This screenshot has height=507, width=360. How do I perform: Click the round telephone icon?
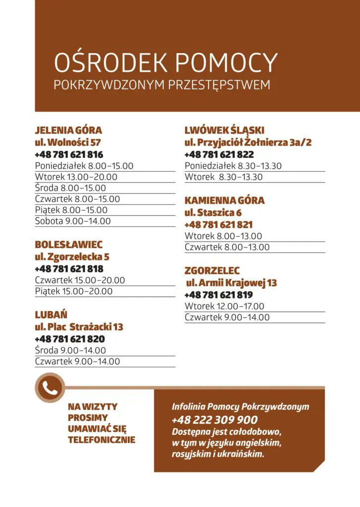(x=50, y=388)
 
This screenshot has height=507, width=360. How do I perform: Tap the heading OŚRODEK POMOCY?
(x=165, y=63)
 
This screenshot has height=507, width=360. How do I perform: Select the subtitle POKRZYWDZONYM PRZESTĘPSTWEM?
(x=162, y=85)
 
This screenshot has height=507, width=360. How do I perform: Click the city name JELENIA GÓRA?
(x=68, y=130)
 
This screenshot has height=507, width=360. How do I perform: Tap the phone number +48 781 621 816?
(x=69, y=154)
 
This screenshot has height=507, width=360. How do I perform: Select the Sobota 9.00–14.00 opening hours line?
(x=73, y=221)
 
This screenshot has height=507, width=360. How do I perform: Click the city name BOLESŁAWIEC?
(x=69, y=245)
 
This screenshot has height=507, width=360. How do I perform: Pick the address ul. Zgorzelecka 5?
(x=72, y=257)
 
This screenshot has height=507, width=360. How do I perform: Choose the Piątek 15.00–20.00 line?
(x=74, y=291)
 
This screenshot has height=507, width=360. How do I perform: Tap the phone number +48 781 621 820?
(x=70, y=339)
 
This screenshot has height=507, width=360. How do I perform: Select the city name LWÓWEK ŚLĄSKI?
(x=224, y=130)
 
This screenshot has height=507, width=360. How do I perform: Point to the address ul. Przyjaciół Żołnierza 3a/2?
(x=248, y=143)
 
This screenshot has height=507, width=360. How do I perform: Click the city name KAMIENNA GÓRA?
(x=224, y=201)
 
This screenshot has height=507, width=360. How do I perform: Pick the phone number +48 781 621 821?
(x=218, y=225)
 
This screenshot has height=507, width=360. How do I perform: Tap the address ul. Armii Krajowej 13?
(x=231, y=283)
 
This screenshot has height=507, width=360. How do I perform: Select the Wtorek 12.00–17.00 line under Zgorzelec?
(x=224, y=306)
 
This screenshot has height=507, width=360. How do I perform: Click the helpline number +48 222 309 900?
(x=214, y=420)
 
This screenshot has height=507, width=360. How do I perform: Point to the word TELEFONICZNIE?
(x=102, y=439)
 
